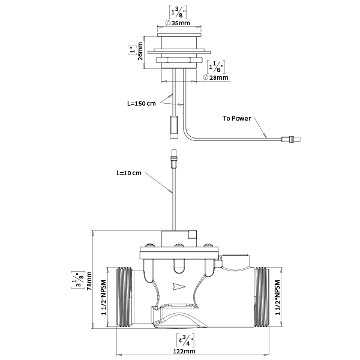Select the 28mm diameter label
coord(217,78)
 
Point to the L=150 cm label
coord(142,103)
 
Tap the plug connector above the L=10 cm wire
coord(173,161)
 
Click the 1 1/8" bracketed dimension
coord(212,66)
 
